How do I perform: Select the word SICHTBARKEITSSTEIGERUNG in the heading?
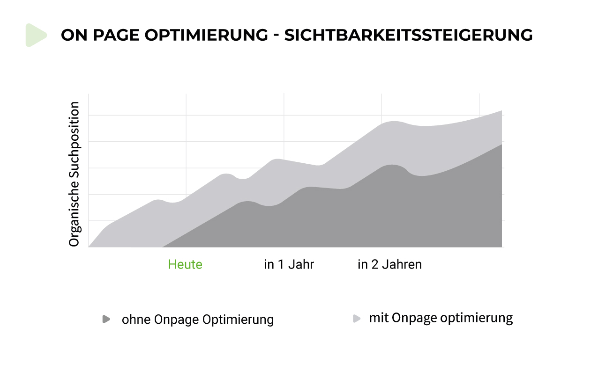coord(408,36)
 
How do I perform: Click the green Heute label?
coord(185,264)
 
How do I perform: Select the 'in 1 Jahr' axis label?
coord(289,264)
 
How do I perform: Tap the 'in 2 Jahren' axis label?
coord(389,264)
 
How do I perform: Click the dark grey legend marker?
coord(106,319)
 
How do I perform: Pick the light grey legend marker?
coord(357,319)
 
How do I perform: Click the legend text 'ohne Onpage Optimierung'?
coord(197,320)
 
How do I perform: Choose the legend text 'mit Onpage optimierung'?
coord(441,318)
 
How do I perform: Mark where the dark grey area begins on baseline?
coord(163,246)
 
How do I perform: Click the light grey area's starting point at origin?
coord(89,246)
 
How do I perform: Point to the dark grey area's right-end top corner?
coord(501,145)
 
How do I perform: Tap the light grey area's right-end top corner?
coord(501,111)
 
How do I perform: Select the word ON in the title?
coord(72,36)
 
